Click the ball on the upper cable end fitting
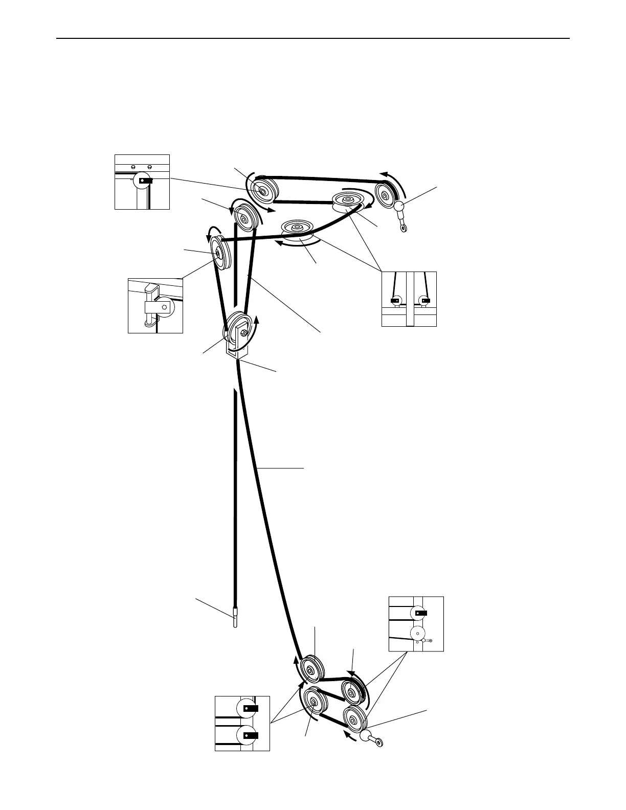click(399, 206)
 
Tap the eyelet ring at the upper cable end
click(404, 228)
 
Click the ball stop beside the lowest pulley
click(366, 736)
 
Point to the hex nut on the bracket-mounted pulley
click(244, 333)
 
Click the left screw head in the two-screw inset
click(133, 167)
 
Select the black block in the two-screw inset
click(146, 181)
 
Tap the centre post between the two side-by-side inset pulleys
click(409, 299)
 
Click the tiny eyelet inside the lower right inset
click(431, 640)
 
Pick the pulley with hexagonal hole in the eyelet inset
click(418, 634)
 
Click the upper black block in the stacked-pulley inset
click(251, 708)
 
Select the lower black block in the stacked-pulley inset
click(251, 735)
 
